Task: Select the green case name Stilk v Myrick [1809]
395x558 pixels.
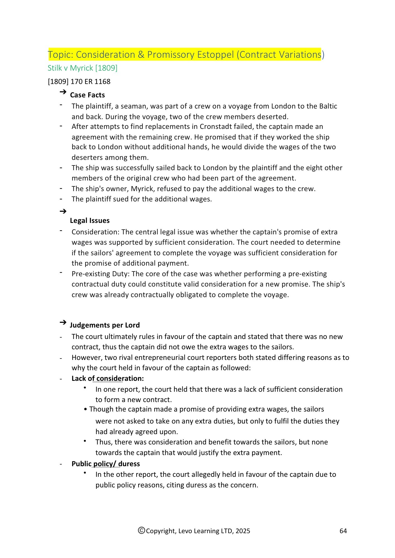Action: click(x=82, y=68)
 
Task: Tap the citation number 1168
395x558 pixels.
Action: click(x=102, y=81)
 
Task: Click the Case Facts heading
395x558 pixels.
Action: click(x=87, y=95)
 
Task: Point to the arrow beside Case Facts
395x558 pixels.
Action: click(x=63, y=92)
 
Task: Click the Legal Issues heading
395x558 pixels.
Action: click(x=90, y=220)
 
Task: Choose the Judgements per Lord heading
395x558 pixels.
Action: click(x=105, y=325)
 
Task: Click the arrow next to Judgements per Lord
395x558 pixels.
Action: click(x=63, y=323)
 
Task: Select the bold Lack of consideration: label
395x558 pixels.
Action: click(x=107, y=378)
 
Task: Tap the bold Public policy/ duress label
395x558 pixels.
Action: click(x=106, y=464)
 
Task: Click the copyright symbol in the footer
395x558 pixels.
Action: click(x=142, y=530)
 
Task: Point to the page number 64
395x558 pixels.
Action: click(x=343, y=531)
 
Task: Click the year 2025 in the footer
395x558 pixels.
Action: click(x=243, y=531)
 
